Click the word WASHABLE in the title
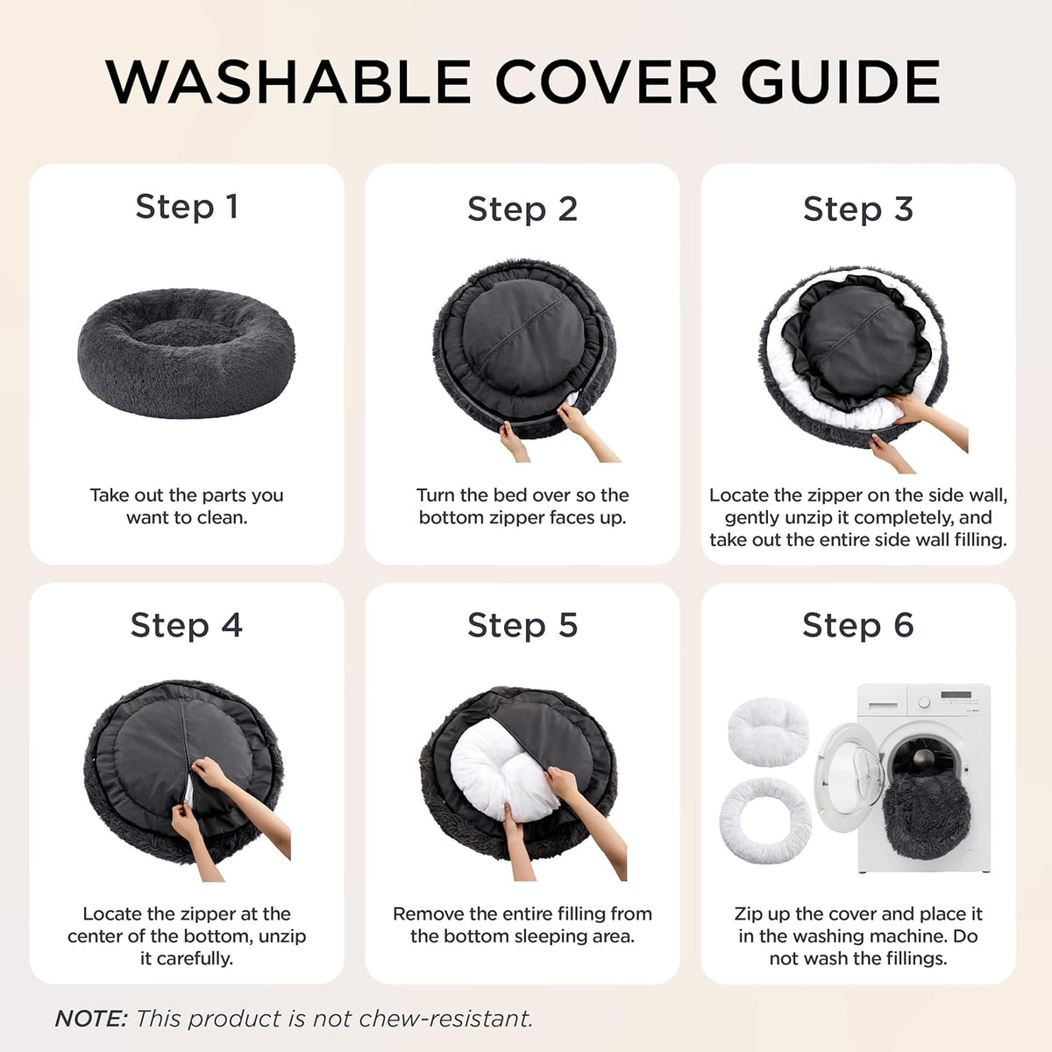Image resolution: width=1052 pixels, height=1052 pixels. pyautogui.click(x=288, y=82)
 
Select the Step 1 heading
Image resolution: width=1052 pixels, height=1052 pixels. pyautogui.click(x=187, y=208)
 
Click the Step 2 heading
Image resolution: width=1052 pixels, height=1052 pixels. pyautogui.click(x=522, y=210)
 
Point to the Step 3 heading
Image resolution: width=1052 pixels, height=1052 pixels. pyautogui.click(x=858, y=210)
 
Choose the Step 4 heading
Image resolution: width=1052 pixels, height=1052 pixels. pyautogui.click(x=187, y=625)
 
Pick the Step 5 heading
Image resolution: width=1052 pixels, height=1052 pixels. pyautogui.click(x=522, y=625)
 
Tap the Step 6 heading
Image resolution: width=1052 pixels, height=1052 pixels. pyautogui.click(x=858, y=625)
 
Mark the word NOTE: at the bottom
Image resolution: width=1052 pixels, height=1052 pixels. pyautogui.click(x=91, y=1019)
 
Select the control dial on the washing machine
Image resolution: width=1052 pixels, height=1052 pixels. pyautogui.click(x=924, y=701)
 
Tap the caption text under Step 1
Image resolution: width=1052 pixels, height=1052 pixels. pyautogui.click(x=187, y=506)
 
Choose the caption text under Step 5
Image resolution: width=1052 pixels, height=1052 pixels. pyautogui.click(x=522, y=925)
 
